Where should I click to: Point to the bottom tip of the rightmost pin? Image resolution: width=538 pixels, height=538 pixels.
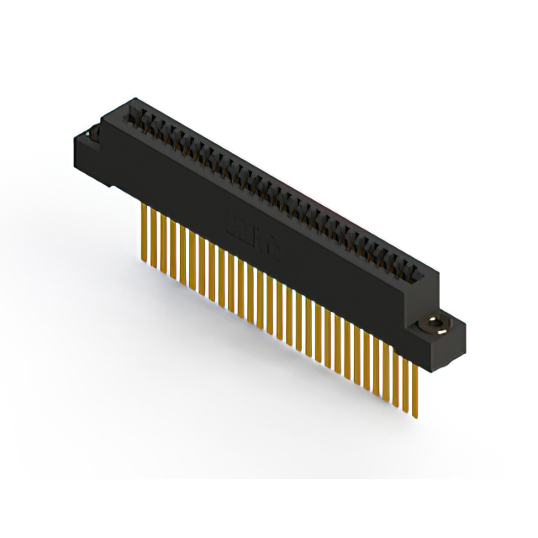(x=414, y=414)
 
